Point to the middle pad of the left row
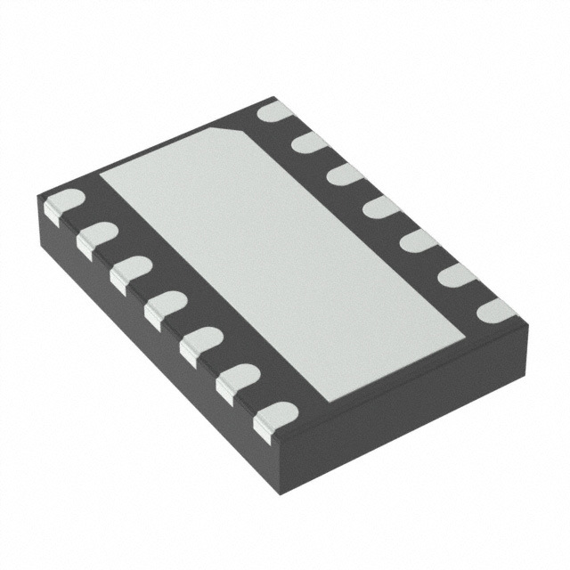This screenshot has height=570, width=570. [x=165, y=306]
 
